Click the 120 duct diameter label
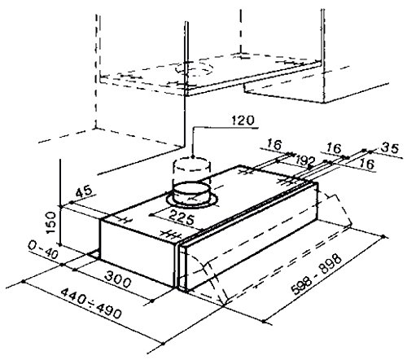[x=243, y=121]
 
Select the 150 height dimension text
[x=51, y=222]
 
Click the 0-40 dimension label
[x=43, y=250]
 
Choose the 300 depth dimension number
[x=117, y=279]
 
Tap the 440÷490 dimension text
[x=91, y=303]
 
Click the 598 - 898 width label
[x=317, y=274]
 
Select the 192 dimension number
[x=304, y=160]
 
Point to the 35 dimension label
[x=390, y=148]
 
